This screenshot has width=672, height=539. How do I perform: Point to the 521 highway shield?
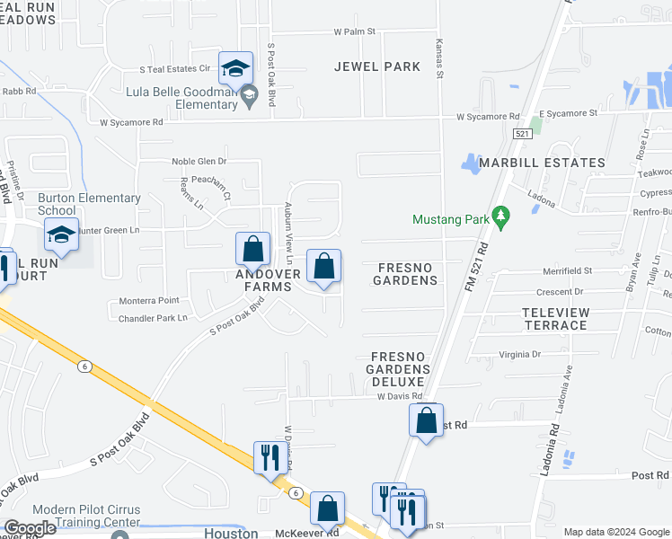pos(522,133)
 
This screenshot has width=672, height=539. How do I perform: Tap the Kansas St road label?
pos(439,59)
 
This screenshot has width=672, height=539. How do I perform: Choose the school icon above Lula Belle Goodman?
pos(235,68)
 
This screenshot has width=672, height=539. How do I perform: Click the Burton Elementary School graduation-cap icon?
pos(61,235)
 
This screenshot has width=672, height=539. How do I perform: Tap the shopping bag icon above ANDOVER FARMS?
pos(253,249)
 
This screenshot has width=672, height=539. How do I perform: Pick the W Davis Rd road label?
pos(399,396)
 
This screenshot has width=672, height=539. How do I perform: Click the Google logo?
pos(30,527)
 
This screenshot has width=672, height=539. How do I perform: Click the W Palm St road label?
pos(353,31)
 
